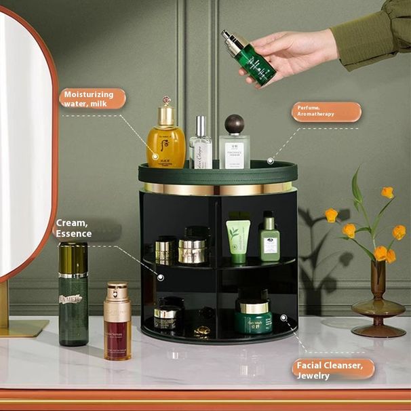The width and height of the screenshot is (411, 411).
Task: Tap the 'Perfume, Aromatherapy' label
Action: coord(326,111)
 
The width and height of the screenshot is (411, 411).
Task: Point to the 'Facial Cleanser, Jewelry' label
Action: coord(334,370)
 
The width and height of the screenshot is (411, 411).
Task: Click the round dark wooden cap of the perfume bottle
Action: coord(234,124)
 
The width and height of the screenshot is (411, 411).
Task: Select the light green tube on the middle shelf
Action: coord(237,239)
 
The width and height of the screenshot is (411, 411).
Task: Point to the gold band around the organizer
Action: coord(218,189)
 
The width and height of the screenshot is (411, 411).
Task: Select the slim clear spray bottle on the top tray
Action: coord(201,144)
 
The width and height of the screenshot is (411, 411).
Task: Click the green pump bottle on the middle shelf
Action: coord(269,237)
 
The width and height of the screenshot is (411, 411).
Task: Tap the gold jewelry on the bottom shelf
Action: coord(202,331)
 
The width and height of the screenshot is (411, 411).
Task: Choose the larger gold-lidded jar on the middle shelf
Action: coord(192,250)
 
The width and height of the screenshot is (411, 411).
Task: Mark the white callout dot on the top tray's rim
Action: coord(270,161)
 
